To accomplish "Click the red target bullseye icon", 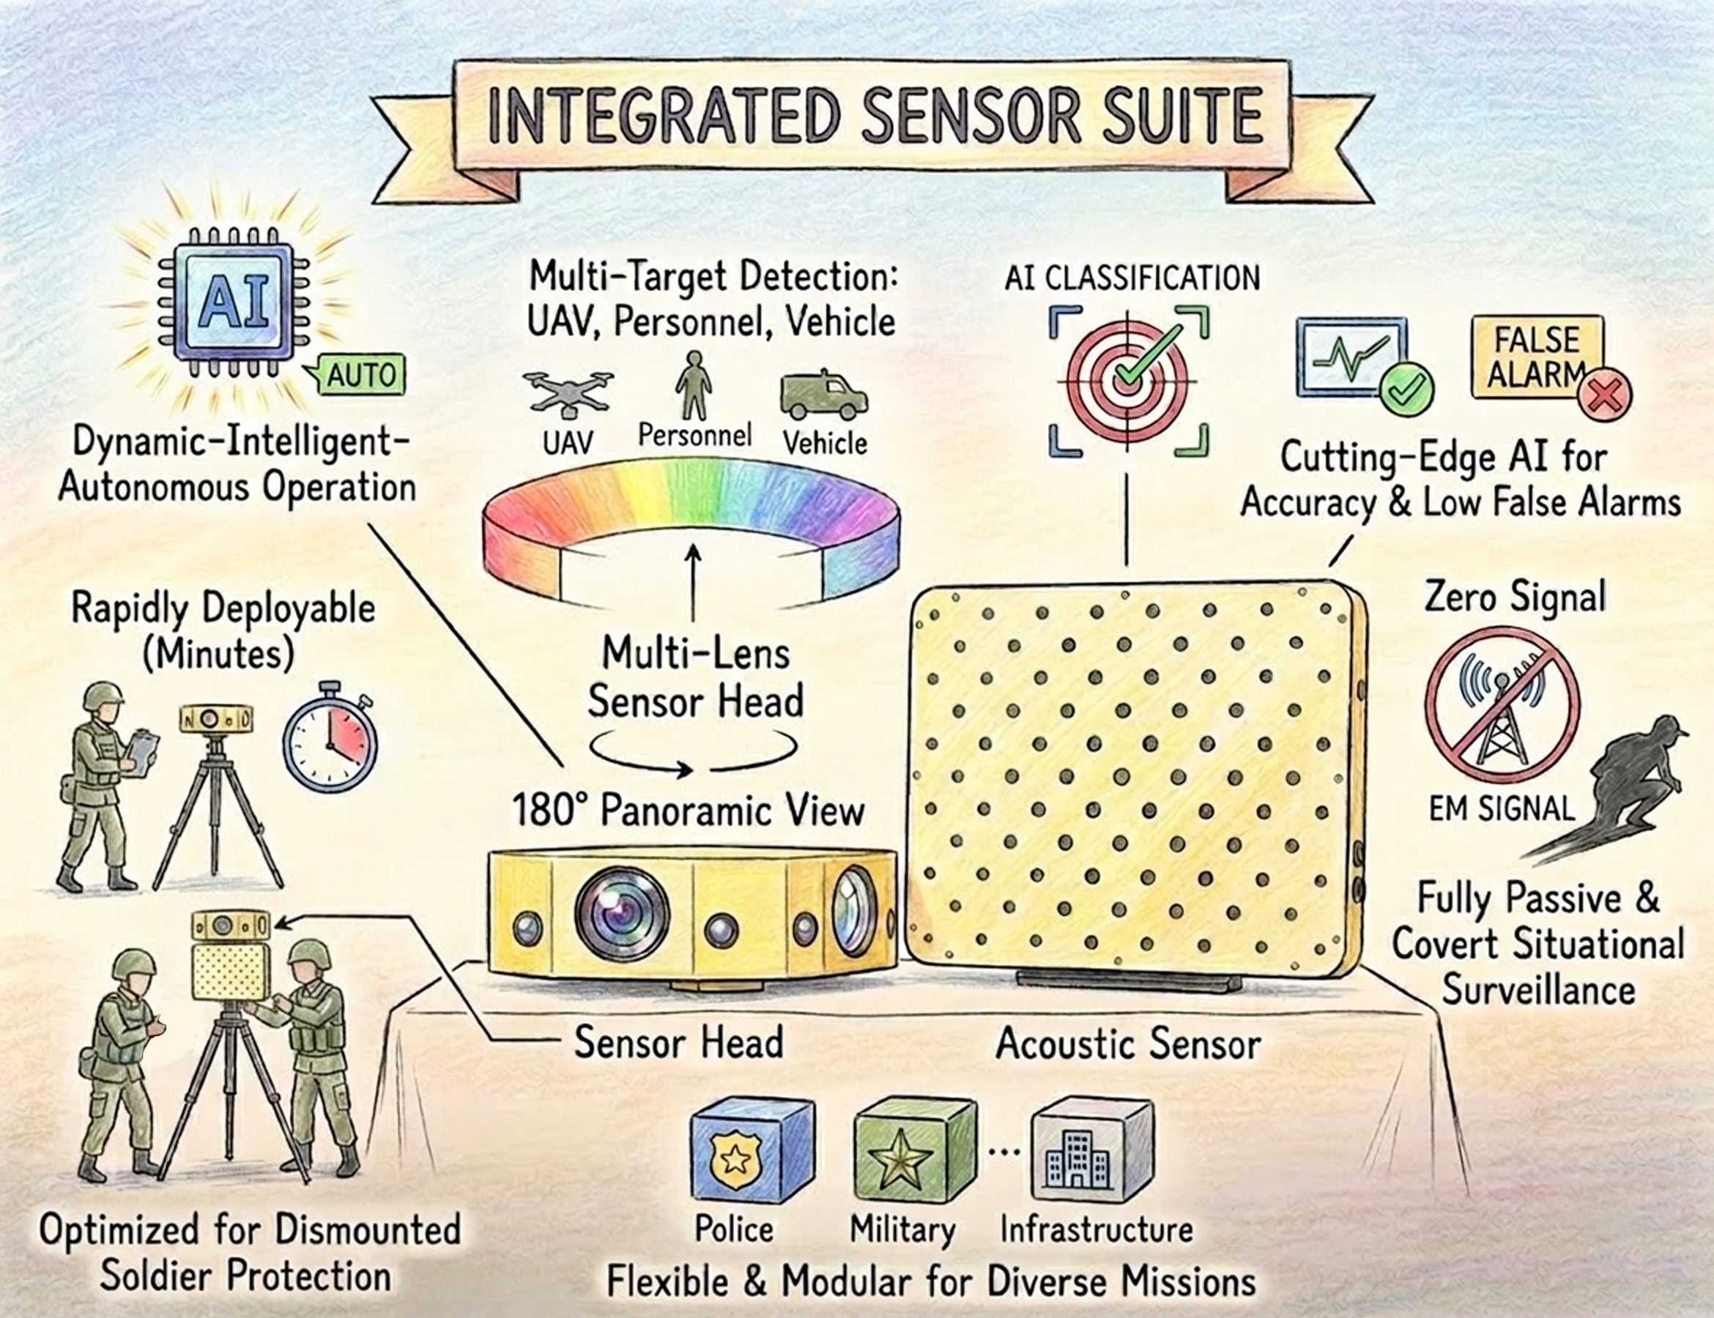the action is (x=1129, y=381).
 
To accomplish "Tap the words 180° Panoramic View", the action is (x=689, y=811).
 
